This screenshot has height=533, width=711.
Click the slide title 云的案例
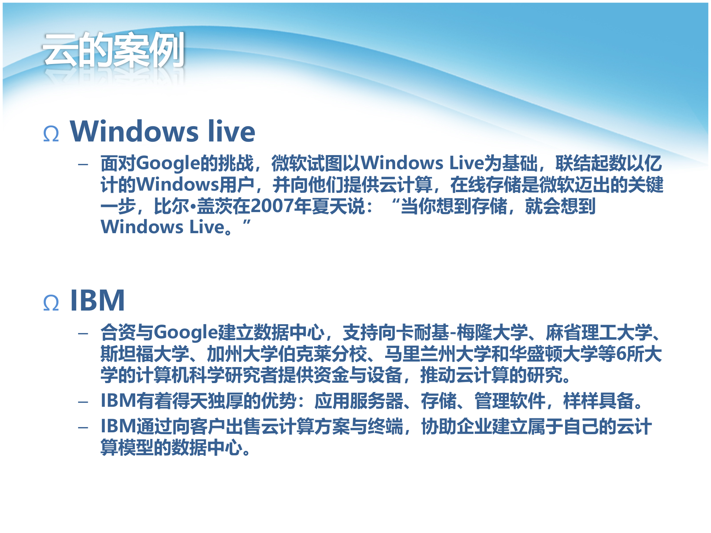pyautogui.click(x=113, y=50)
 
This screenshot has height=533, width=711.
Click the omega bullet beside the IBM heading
pyautogui.click(x=51, y=302)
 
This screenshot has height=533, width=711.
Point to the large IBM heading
pyautogui.click(x=97, y=300)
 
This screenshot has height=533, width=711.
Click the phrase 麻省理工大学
pyautogui.click(x=599, y=332)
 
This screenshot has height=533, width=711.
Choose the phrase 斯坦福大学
pyautogui.click(x=145, y=353)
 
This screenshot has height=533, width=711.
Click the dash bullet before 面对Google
pyautogui.click(x=83, y=164)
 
